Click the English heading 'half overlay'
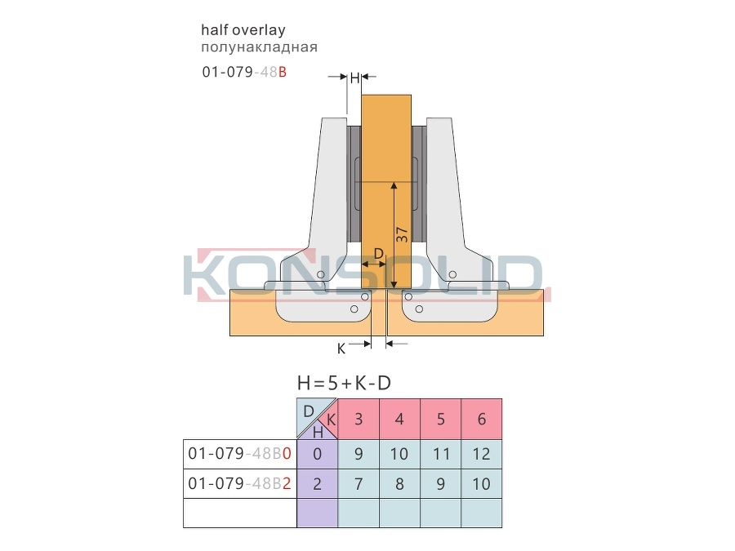tap(243, 30)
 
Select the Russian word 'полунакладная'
tap(259, 47)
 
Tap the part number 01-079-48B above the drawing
tap(244, 72)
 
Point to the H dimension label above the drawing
tap(354, 78)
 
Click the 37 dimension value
tap(402, 234)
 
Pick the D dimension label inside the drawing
tap(379, 254)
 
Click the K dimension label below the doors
tap(341, 349)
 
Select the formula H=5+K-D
tap(344, 384)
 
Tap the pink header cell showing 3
tap(359, 419)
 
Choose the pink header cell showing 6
tap(481, 419)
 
